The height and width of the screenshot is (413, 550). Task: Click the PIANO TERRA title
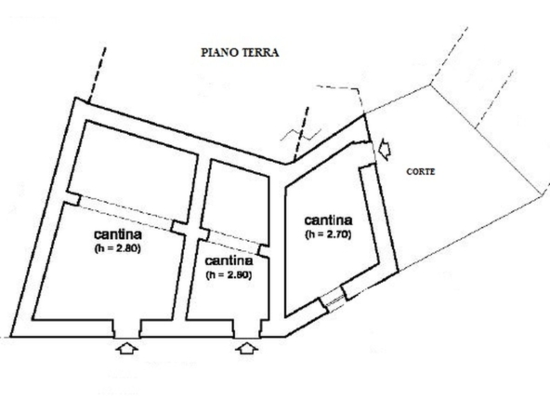[240, 53]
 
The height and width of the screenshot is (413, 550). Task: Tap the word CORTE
[421, 172]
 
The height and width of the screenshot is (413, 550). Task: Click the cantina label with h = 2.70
[328, 220]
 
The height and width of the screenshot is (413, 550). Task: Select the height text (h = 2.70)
[328, 234]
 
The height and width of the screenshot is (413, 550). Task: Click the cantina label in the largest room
[118, 234]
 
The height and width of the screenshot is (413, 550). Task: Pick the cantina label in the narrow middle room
[229, 261]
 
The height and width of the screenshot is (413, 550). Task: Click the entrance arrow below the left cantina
[126, 348]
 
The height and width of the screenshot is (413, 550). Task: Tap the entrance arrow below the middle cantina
[247, 348]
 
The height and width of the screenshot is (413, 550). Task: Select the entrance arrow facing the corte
[385, 149]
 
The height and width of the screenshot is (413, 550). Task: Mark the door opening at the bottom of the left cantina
[126, 328]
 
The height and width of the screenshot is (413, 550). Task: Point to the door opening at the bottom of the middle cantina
[247, 328]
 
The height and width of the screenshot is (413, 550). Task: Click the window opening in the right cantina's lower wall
[333, 300]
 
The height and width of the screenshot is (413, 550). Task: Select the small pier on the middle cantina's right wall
[264, 251]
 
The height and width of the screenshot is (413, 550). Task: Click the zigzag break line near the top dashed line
[301, 134]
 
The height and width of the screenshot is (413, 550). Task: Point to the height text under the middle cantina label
[229, 275]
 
